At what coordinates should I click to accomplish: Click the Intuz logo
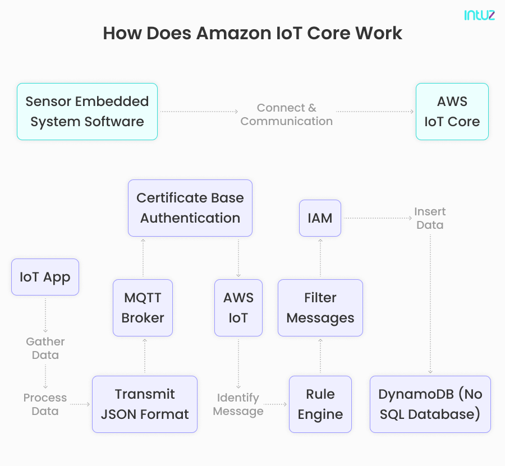tap(479, 15)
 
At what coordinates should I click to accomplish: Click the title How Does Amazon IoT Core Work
tap(252, 33)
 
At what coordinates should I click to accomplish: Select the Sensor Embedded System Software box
tap(87, 112)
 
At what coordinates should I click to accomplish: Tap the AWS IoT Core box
tap(452, 112)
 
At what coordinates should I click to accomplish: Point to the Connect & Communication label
tap(286, 114)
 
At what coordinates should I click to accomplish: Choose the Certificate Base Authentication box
tap(190, 208)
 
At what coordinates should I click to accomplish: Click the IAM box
tap(320, 218)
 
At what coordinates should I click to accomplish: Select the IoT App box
tap(45, 277)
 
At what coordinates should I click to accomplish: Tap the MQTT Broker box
tap(143, 308)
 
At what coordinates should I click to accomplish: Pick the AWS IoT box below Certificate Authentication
tap(238, 308)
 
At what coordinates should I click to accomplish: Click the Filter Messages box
tap(320, 308)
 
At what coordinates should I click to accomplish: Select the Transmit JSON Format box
tap(145, 404)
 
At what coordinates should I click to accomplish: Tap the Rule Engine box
tap(320, 404)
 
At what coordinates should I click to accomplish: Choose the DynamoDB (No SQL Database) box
tap(430, 404)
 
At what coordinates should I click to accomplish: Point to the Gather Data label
tap(45, 348)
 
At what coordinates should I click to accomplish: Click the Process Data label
tap(45, 404)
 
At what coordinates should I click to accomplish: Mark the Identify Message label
tap(238, 404)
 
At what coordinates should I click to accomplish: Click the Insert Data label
tap(430, 218)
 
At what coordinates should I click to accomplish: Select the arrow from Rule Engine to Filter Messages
tap(320, 356)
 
